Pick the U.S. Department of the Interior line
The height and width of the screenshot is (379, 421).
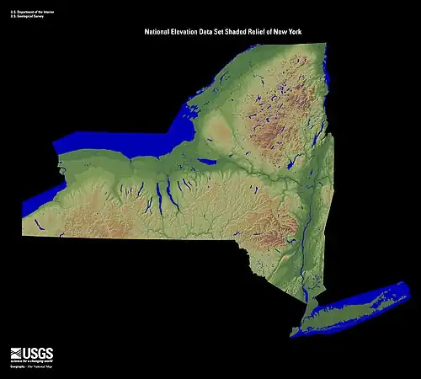click(30, 10)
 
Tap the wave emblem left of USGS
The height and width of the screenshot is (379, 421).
click(18, 354)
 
